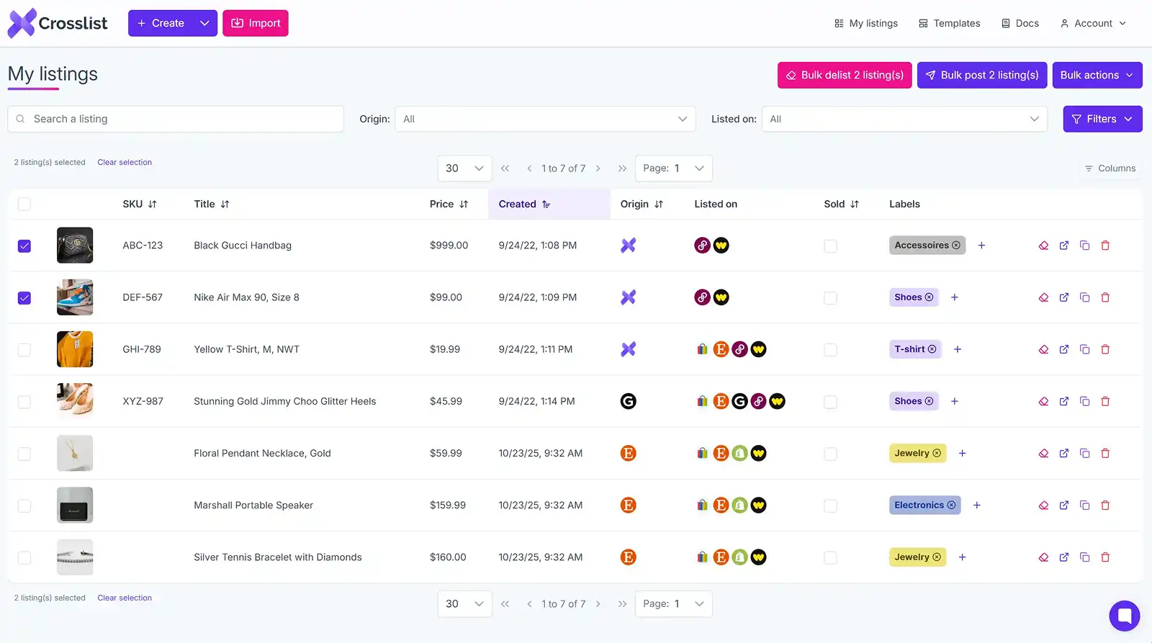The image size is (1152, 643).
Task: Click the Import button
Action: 256,23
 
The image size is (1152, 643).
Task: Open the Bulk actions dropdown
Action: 1097,75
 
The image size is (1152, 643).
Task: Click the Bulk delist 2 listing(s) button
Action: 844,75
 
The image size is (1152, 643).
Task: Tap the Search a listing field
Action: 176,119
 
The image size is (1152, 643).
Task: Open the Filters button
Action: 1102,119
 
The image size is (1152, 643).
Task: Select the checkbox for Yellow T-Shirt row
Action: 24,350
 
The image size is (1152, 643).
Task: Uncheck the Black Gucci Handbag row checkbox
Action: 24,246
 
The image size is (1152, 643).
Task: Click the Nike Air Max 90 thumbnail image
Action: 75,297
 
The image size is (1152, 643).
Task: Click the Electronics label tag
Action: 919,505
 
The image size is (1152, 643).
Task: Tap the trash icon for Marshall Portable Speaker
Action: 1105,505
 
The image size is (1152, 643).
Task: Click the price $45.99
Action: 446,401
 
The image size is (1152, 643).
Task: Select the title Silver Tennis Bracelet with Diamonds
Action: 278,557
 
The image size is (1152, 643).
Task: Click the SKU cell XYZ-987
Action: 143,401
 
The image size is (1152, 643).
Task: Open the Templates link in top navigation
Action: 949,23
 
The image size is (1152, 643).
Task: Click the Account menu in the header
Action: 1092,23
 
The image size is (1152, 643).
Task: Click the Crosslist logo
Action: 58,23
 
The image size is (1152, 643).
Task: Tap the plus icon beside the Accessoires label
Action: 981,246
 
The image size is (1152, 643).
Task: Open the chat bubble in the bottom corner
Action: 1124,616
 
